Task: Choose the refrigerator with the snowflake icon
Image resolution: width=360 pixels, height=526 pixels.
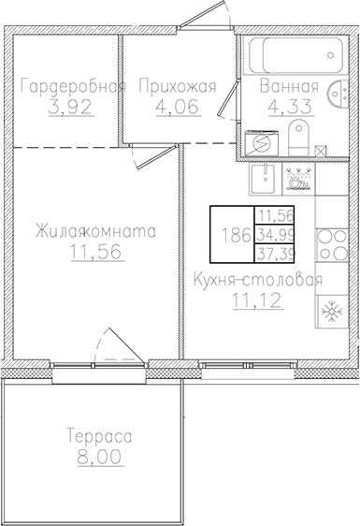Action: (x=329, y=311)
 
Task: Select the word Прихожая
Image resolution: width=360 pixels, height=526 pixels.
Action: (x=177, y=88)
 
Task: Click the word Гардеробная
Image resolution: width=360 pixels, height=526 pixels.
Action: (x=73, y=88)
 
